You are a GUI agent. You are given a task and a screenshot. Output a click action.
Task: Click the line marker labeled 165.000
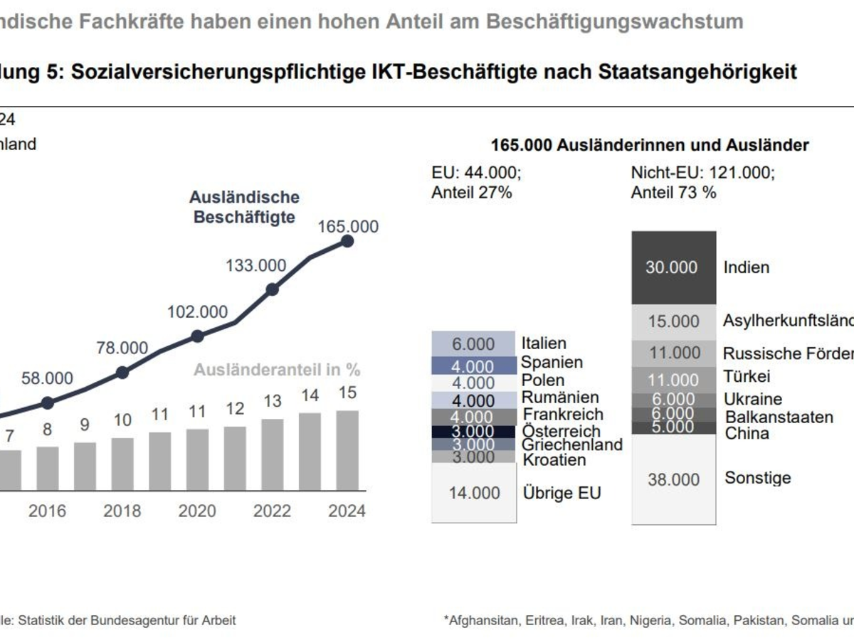(x=347, y=241)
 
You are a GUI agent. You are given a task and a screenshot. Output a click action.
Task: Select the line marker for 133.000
(x=272, y=289)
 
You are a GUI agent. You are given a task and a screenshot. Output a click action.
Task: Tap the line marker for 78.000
(x=122, y=372)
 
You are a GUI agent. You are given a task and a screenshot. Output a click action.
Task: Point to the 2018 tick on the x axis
(x=122, y=511)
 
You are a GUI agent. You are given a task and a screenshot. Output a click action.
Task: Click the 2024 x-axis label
(x=347, y=511)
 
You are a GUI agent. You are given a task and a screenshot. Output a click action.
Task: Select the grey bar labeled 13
(x=272, y=454)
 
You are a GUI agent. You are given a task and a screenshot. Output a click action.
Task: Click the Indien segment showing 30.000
(x=673, y=268)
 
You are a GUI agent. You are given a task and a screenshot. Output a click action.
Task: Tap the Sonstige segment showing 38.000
(x=673, y=480)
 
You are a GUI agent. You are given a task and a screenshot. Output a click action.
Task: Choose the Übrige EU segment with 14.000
(x=474, y=493)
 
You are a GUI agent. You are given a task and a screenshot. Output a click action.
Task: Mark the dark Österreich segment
(x=474, y=432)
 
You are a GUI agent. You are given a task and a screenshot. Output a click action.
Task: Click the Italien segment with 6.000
(x=474, y=343)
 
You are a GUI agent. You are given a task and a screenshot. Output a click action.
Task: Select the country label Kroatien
(x=554, y=460)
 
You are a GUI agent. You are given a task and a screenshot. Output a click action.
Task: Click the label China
(x=747, y=433)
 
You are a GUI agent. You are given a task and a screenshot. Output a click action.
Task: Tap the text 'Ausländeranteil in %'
(x=278, y=370)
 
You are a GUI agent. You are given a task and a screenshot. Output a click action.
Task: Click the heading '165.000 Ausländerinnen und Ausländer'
(x=650, y=145)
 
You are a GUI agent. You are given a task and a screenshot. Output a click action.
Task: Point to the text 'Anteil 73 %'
(x=673, y=192)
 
